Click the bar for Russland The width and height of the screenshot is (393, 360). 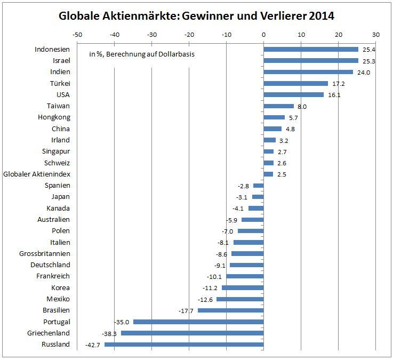coord(184,345)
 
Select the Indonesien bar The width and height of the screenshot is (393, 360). coord(311,50)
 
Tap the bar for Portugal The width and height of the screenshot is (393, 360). coord(198,322)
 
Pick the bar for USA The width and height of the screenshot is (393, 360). coord(293,95)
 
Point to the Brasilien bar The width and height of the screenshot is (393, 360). coord(230,310)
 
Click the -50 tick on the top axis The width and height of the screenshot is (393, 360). coord(77,34)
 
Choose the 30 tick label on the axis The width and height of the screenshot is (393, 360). coord(376,34)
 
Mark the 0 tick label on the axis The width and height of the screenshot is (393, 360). coord(263,34)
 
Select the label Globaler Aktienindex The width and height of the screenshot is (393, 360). coord(37,174)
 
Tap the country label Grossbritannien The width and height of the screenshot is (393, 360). coord(44,253)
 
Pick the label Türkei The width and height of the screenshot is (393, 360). coord(60,83)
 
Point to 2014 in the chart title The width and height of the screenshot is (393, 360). coord(319,16)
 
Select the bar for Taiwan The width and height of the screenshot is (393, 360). coord(278,106)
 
